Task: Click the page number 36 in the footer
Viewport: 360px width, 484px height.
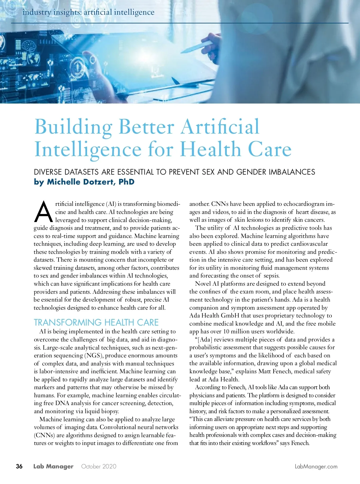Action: click(x=19, y=466)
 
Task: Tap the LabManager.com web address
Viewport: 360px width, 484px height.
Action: click(x=316, y=467)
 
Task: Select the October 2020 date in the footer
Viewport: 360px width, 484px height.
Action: click(x=99, y=467)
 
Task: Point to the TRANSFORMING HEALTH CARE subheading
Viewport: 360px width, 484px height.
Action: click(x=96, y=322)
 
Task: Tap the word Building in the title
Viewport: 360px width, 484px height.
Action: click(x=73, y=127)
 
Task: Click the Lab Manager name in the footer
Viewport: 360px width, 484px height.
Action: click(x=53, y=467)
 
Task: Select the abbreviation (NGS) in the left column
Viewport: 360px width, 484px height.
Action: click(x=94, y=356)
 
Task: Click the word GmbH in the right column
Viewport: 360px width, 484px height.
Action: click(x=230, y=316)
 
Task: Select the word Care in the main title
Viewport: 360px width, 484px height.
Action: click(x=269, y=149)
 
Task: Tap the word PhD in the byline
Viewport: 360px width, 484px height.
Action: click(x=126, y=182)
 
